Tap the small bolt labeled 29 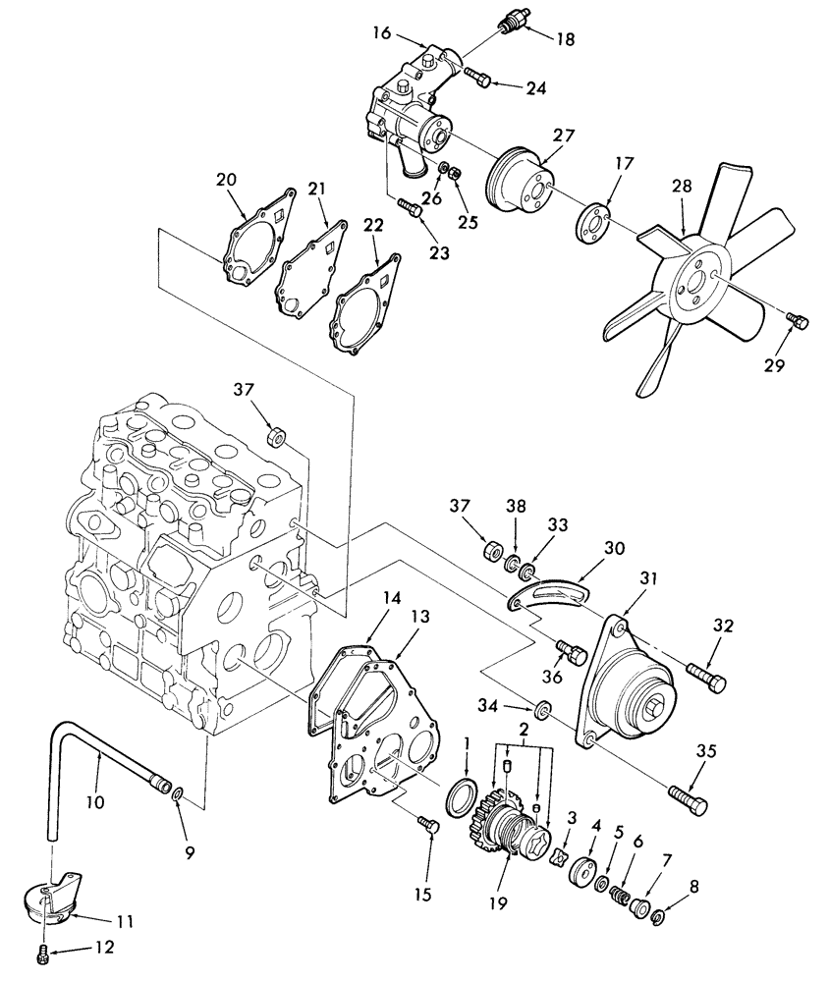(x=799, y=320)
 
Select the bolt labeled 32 (x=707, y=677)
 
